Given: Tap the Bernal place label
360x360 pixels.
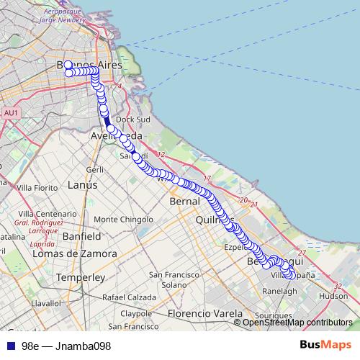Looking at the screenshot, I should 184,202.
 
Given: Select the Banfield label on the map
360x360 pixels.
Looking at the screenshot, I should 81,236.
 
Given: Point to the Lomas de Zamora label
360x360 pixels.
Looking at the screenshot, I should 74,254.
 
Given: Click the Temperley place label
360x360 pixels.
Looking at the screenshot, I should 81,277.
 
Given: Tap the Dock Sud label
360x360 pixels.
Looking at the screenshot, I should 132,120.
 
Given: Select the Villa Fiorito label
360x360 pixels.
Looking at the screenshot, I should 36,187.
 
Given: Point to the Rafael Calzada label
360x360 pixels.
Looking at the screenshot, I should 129,297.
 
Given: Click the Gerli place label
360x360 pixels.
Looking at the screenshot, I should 95,169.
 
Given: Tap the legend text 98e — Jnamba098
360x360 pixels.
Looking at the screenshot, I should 66,346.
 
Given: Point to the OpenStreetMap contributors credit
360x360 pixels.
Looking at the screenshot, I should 297,323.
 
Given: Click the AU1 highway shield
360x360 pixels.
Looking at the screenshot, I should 11,113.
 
